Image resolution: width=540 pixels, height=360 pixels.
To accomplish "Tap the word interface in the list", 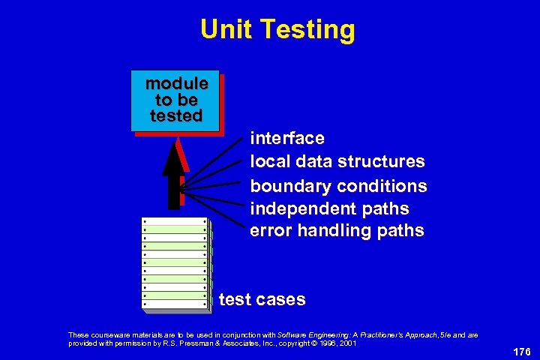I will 287,139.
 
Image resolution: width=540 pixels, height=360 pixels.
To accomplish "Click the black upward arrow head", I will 174,154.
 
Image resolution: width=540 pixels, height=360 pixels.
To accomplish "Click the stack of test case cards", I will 175,263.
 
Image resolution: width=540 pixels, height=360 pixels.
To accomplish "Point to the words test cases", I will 262,300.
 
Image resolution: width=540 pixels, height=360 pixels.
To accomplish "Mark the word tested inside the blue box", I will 176,116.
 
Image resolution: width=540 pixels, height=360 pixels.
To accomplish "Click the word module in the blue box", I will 176,83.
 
